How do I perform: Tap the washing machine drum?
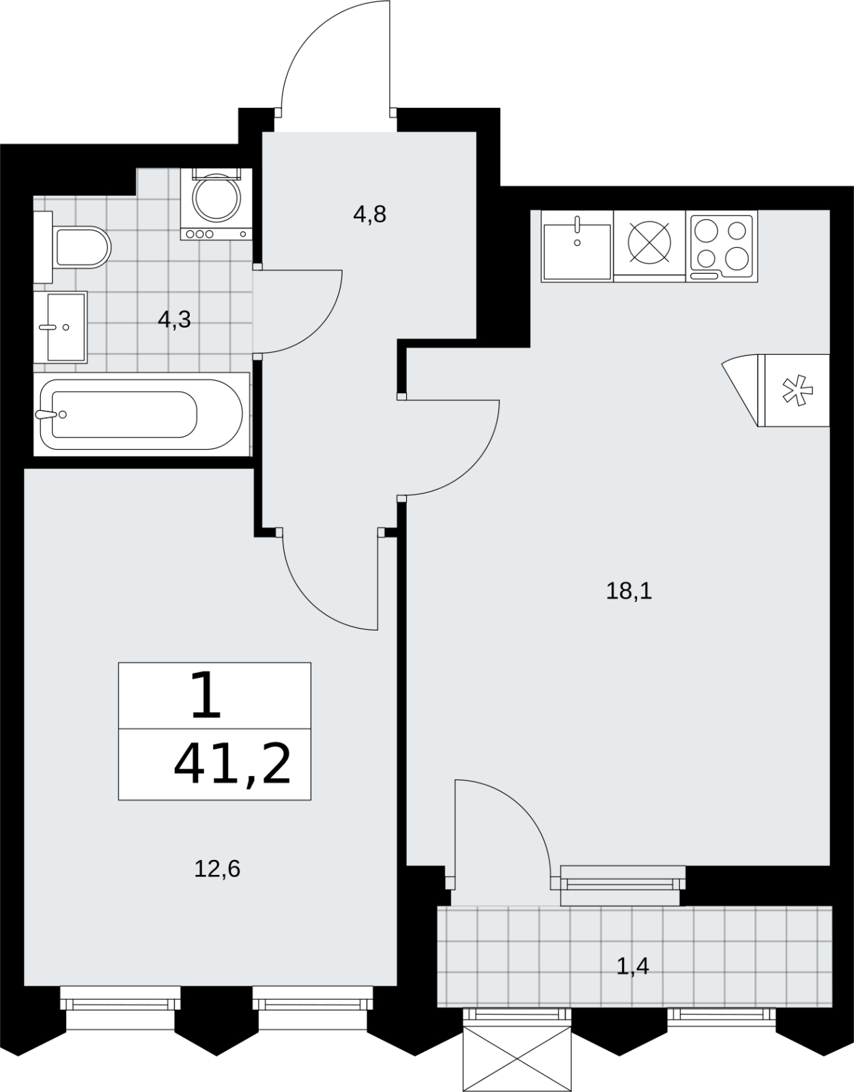(217, 197)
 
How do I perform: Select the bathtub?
(142, 414)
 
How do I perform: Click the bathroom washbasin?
(61, 327)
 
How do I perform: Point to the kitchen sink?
(577, 246)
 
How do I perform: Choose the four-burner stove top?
(722, 246)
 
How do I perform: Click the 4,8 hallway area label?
(369, 214)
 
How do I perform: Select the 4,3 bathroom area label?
(175, 319)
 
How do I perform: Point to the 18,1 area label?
(629, 591)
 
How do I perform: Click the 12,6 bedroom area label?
(217, 869)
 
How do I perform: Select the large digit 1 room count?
(206, 695)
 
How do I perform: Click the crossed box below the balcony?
(517, 1059)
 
